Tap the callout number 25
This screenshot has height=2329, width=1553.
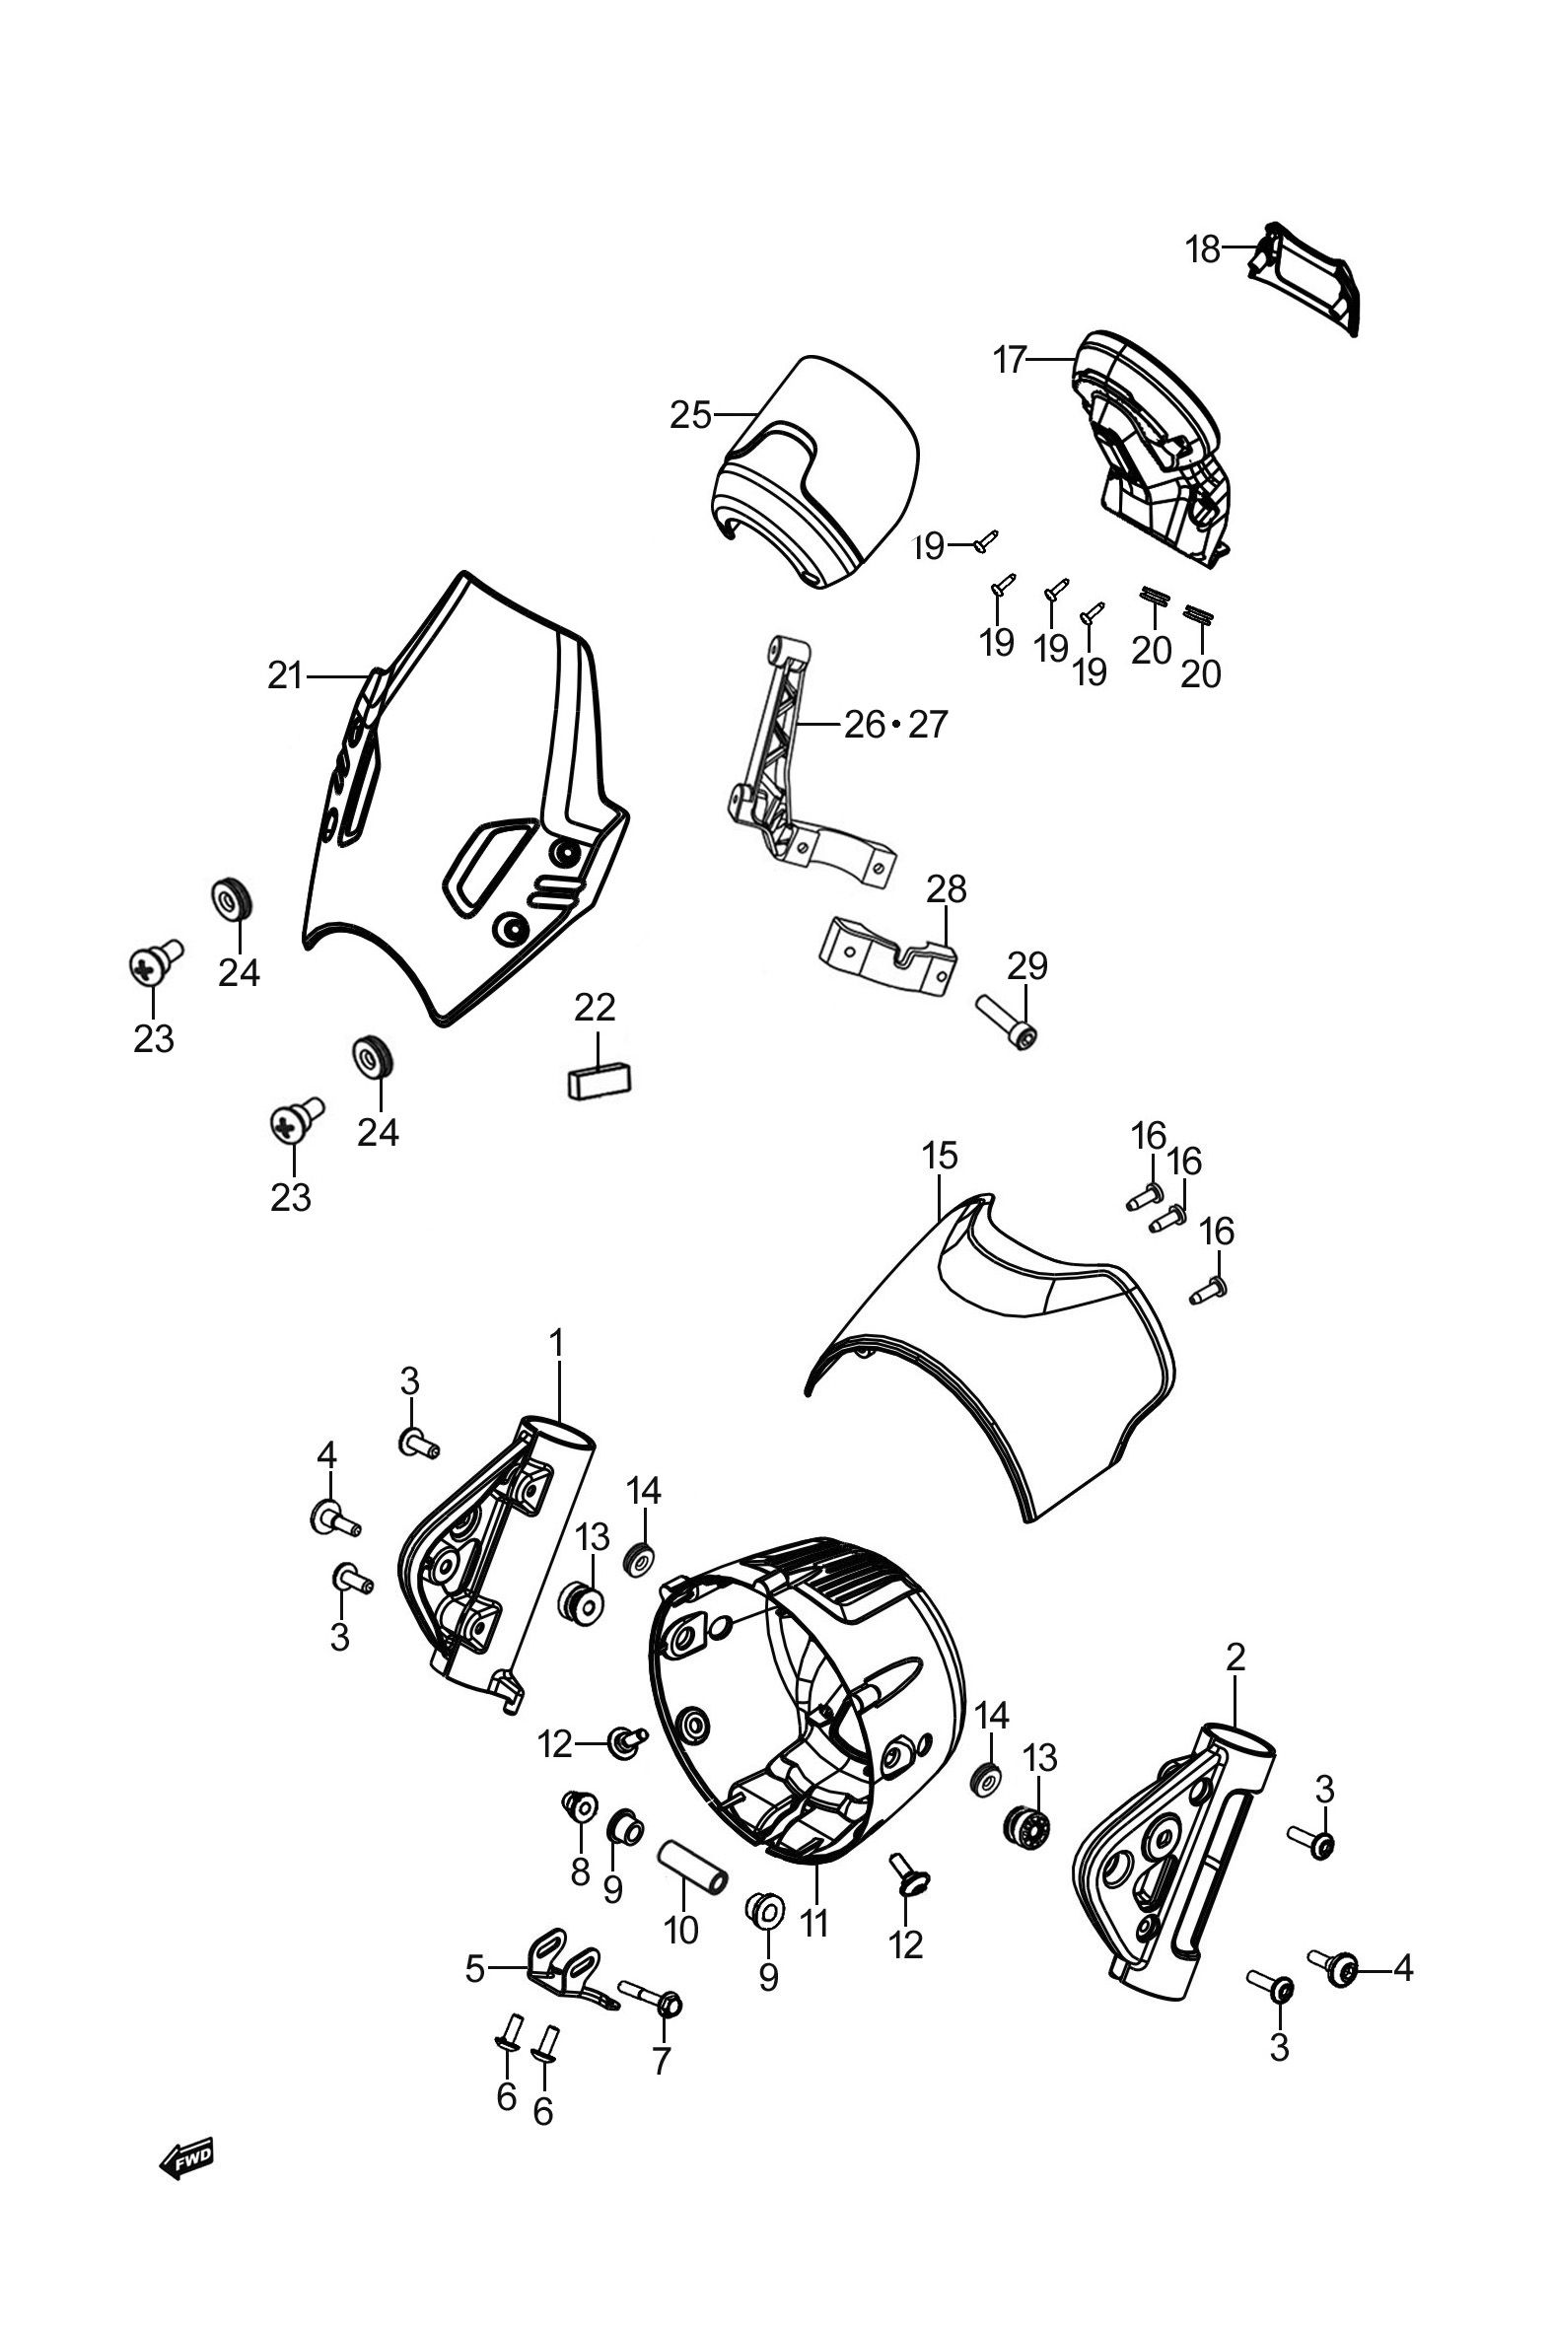coord(690,416)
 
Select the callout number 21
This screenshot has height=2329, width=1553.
coord(285,676)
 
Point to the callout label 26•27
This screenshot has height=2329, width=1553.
coord(895,726)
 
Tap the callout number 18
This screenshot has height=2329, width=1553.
coord(1203,250)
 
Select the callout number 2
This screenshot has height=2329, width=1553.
coord(1235,1657)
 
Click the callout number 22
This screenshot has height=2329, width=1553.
coord(595,1007)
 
